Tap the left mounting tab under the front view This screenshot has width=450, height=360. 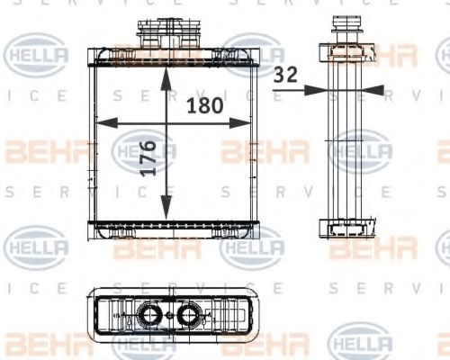(x=117, y=237)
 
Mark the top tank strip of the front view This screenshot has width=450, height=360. (x=171, y=62)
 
